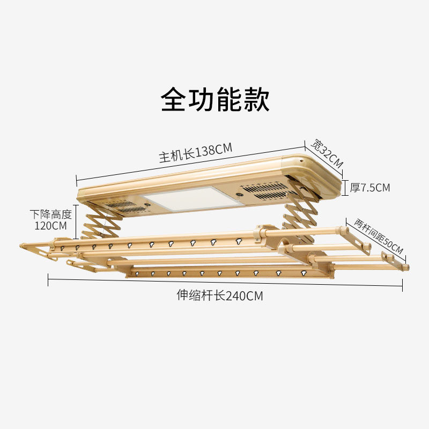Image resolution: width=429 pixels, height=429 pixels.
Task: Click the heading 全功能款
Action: (x=215, y=100)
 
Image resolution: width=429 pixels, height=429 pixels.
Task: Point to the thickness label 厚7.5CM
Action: (x=370, y=188)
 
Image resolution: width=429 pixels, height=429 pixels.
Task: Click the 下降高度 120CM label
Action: (x=50, y=220)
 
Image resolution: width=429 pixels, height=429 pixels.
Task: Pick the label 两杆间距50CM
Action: (x=378, y=236)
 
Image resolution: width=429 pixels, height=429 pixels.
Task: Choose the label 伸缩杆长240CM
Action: (x=220, y=295)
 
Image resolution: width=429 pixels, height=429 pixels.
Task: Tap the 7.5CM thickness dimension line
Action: (x=344, y=188)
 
